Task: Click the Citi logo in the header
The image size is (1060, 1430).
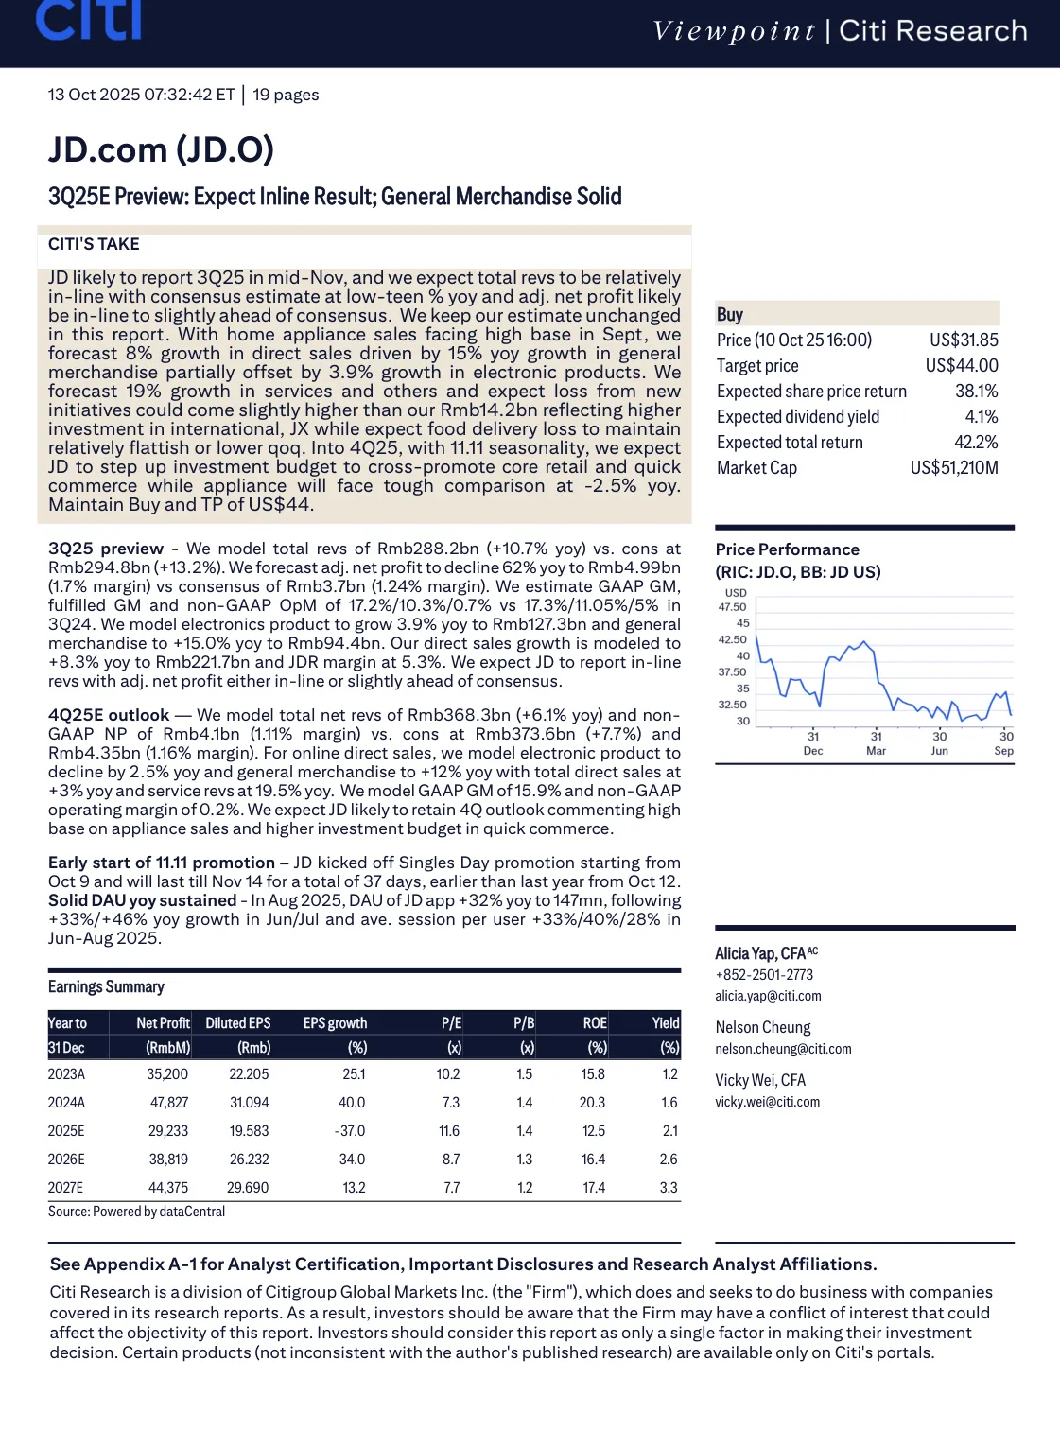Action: coord(89,21)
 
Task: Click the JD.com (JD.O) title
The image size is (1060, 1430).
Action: coord(161,149)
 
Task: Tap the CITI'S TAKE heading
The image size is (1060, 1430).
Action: coord(94,244)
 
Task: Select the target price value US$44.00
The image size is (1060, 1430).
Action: coord(962,366)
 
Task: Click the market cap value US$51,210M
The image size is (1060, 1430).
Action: coord(954,468)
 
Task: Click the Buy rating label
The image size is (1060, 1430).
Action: coord(730,315)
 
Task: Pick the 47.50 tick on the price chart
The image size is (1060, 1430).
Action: coord(732,607)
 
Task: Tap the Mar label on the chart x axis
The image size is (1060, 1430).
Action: coord(876,751)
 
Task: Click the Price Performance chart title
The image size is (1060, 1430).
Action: coord(787,549)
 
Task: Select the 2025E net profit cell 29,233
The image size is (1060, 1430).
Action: coord(168,1131)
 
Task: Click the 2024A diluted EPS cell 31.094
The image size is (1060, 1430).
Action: coord(249,1103)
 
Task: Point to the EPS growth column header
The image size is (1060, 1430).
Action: coord(335,1023)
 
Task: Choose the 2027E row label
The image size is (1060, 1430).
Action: coord(66,1188)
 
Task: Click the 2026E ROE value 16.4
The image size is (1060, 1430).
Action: coord(593,1160)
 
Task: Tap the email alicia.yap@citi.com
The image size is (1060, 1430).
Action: coord(768,996)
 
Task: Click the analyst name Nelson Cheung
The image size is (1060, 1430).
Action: coord(763,1027)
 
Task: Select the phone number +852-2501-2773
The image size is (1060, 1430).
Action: coord(764,975)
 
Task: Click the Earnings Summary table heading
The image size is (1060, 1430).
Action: coord(106,987)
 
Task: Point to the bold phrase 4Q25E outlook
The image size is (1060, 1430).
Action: coord(109,715)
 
